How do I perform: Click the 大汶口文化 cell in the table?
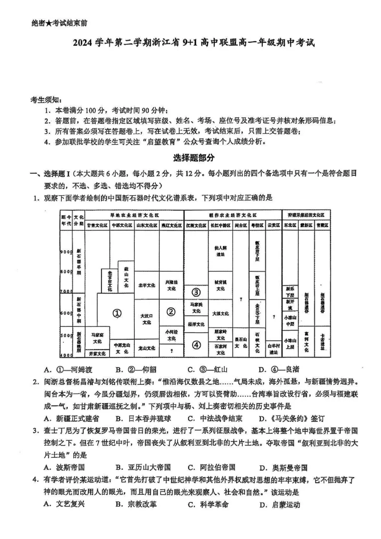click(x=146, y=319)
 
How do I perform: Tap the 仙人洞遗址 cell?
click(x=220, y=250)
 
